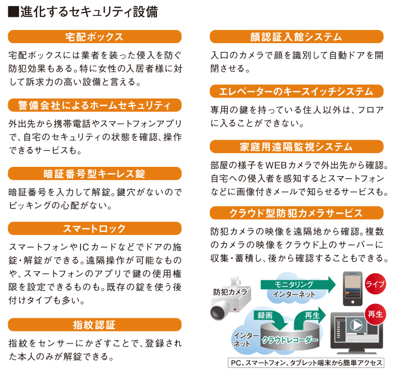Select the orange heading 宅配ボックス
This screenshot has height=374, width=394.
coord(95,37)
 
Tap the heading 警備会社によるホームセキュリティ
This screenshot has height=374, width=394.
coord(95,105)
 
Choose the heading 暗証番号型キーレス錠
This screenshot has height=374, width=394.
coord(95,173)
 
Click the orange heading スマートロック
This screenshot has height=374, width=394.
coord(95,228)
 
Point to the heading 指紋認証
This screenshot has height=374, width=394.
coord(95,325)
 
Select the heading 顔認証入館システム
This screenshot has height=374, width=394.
coord(296,37)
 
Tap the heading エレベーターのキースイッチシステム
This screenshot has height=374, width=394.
coord(296,91)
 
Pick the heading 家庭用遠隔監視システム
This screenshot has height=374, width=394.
coord(296,147)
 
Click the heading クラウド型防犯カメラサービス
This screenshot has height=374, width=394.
coord(296,213)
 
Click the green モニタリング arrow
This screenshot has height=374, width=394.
coord(298,285)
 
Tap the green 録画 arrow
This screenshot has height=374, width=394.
coord(272,319)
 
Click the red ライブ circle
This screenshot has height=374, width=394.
coord(375,283)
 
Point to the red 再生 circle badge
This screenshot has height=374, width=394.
coord(375,315)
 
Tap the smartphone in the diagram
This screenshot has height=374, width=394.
coord(353,288)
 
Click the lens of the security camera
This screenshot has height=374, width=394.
coord(217,312)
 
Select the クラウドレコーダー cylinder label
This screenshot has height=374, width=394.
coord(290,340)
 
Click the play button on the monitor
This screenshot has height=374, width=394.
coord(356,325)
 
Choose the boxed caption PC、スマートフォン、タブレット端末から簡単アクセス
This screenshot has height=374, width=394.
coord(306,363)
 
